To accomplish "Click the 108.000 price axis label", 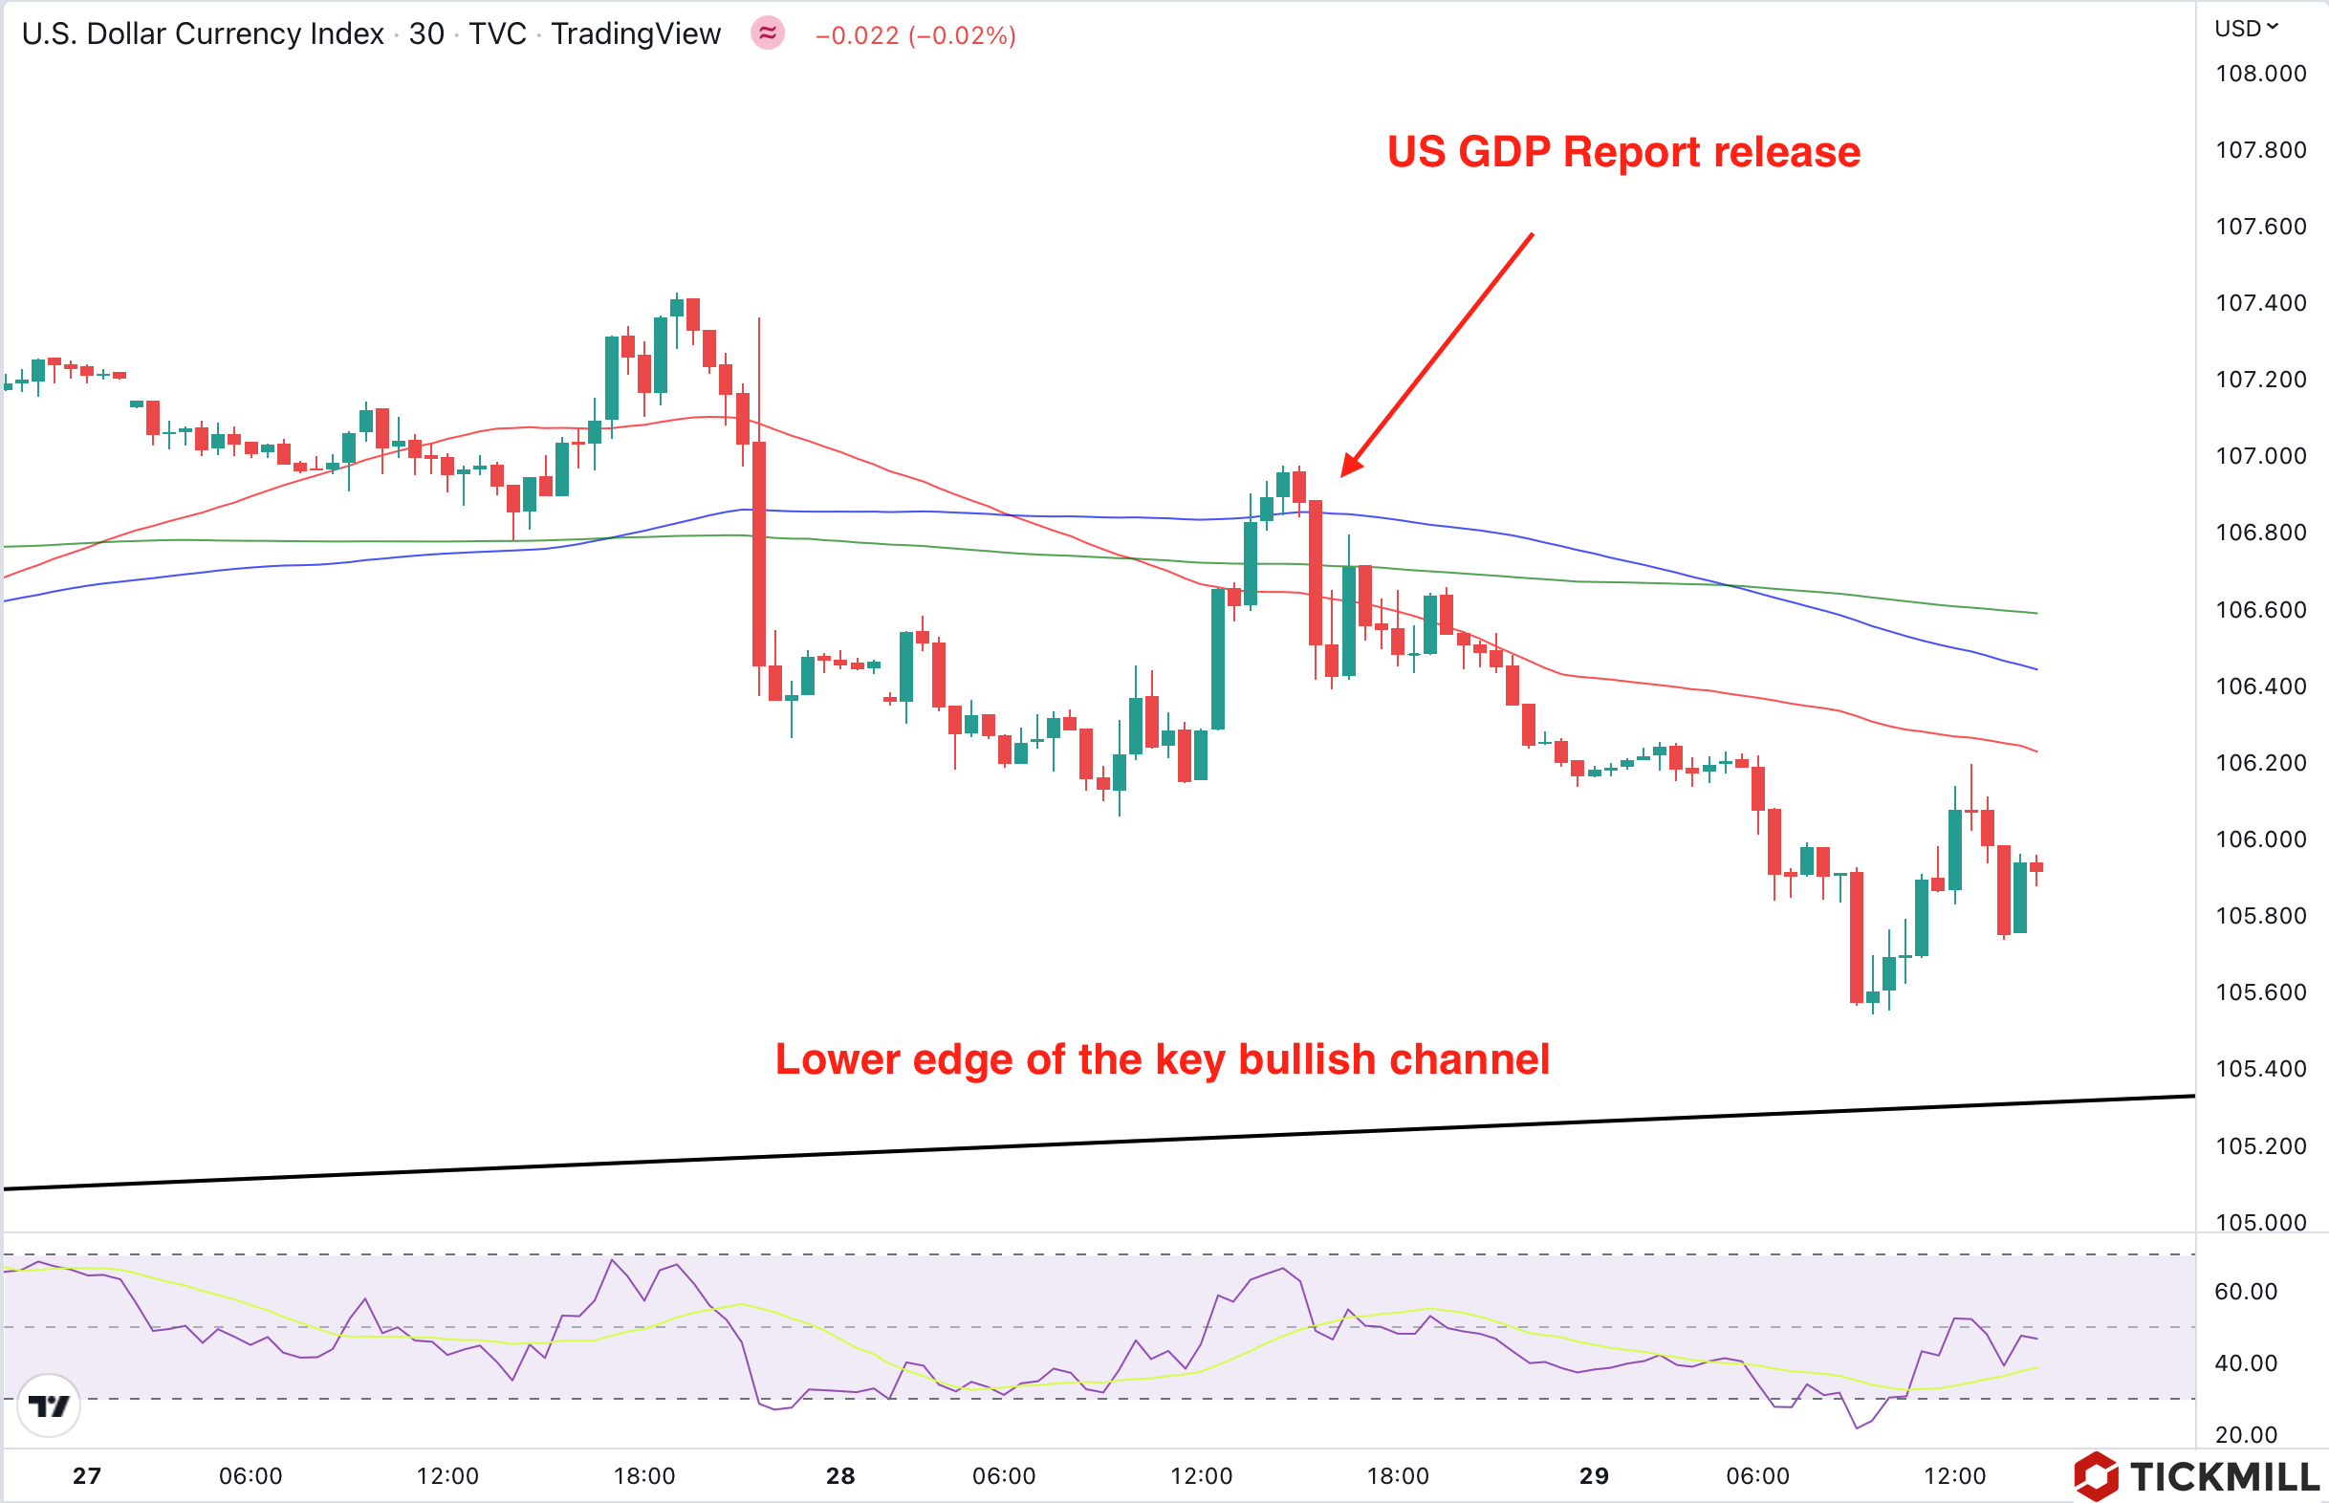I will point(2260,74).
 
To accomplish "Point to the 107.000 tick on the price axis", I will point(2260,456).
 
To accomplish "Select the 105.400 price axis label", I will point(2260,1069).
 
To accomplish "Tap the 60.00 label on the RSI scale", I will point(2245,1291).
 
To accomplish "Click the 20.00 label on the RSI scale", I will point(2245,1435).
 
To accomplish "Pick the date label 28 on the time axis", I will point(840,1475).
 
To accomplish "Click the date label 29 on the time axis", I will point(1594,1475).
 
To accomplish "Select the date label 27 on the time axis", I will point(87,1475).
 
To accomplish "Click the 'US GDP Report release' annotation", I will point(1623,152).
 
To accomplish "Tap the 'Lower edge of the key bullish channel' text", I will point(1162,1060).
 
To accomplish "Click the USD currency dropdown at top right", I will point(2245,29).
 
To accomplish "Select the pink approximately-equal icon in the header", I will point(768,33).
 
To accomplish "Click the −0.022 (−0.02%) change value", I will point(915,35).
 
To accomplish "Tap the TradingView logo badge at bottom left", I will point(49,1405).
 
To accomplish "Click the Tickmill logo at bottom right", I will point(2195,1476).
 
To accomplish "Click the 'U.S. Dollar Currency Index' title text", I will point(203,34).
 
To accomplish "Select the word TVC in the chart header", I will point(497,34).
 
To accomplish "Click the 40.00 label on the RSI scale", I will point(2245,1363).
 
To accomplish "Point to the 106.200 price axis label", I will point(2260,762).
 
